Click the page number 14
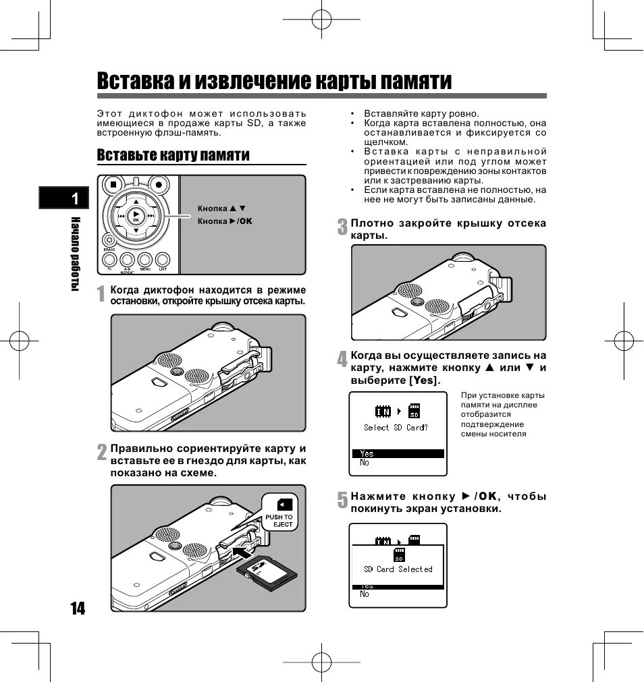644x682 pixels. pyautogui.click(x=78, y=608)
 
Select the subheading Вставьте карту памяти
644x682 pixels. pyautogui.click(x=173, y=155)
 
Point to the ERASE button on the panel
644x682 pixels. pyautogui.click(x=109, y=241)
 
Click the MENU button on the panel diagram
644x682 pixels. pyautogui.click(x=144, y=260)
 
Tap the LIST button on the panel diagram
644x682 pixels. pyautogui.click(x=163, y=260)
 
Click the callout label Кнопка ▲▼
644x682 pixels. pyautogui.click(x=221, y=209)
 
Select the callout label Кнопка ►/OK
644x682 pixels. pyautogui.click(x=224, y=221)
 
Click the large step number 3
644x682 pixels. pyautogui.click(x=343, y=227)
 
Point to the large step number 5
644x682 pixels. pyautogui.click(x=343, y=500)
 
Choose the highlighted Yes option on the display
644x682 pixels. pyautogui.click(x=398, y=453)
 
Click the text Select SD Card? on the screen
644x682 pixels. pyautogui.click(x=396, y=428)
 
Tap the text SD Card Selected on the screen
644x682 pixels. pyautogui.click(x=398, y=569)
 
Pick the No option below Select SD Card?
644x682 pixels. pyautogui.click(x=365, y=463)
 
